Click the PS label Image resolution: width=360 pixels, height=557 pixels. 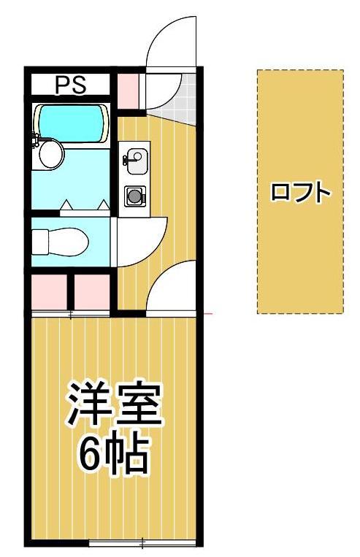click(x=70, y=85)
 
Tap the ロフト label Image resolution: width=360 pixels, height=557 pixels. click(x=301, y=192)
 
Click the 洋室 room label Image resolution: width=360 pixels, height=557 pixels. click(x=115, y=404)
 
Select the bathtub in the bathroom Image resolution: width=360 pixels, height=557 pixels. click(x=71, y=123)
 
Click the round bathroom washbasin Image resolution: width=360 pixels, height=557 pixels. click(x=51, y=154)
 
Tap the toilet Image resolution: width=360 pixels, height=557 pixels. click(x=60, y=242)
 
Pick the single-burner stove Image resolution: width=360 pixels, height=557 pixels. click(x=135, y=196)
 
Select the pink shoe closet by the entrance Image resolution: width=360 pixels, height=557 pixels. click(x=128, y=91)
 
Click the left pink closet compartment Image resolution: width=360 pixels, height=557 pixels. click(x=49, y=292)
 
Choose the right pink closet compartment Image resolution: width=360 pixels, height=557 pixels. click(x=92, y=292)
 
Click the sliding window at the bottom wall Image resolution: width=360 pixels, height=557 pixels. click(x=142, y=543)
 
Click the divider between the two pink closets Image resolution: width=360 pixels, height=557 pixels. click(x=71, y=292)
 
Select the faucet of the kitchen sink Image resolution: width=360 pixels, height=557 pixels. click(x=126, y=160)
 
